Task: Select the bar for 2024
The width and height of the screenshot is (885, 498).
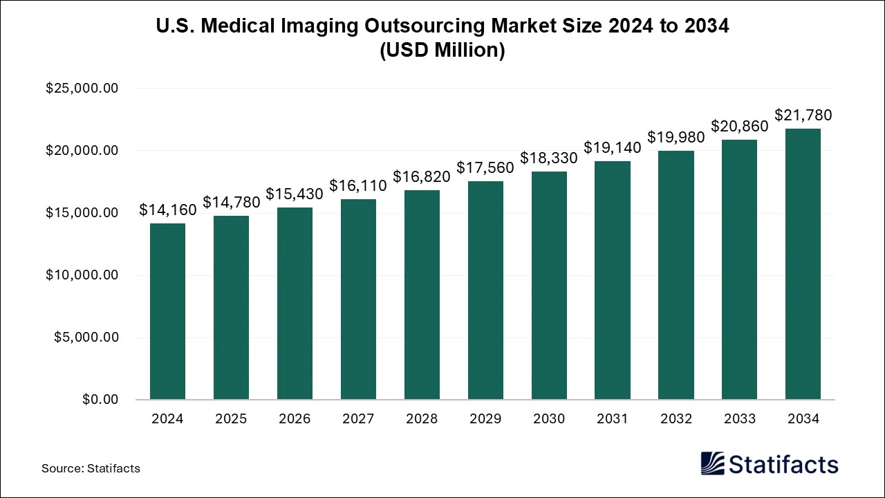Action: tap(167, 311)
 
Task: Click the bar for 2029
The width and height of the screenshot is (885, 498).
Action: tap(485, 290)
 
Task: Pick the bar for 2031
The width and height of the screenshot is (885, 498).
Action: tap(613, 280)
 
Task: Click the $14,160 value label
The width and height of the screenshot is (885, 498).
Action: tap(167, 210)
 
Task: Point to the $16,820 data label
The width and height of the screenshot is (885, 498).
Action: tap(422, 176)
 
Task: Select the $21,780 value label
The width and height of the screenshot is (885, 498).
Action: tap(803, 115)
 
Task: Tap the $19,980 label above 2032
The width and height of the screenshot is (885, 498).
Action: tap(676, 137)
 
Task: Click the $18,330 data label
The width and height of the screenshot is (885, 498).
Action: tap(549, 158)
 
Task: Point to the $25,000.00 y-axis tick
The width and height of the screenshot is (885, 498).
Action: tap(82, 89)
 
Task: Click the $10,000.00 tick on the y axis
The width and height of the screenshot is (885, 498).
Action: tap(82, 275)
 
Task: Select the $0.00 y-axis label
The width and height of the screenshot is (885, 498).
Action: tap(100, 400)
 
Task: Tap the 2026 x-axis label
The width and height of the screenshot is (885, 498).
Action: tap(295, 418)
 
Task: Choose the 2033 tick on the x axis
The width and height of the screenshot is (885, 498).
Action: tap(739, 418)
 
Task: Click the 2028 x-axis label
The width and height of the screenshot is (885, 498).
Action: tap(422, 418)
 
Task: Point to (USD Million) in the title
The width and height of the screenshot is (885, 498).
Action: tap(442, 50)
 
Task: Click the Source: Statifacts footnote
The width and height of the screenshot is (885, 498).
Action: tap(91, 468)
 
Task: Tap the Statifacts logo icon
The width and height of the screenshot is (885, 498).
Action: tap(712, 463)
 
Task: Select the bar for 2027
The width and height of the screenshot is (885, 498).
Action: tap(358, 299)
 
